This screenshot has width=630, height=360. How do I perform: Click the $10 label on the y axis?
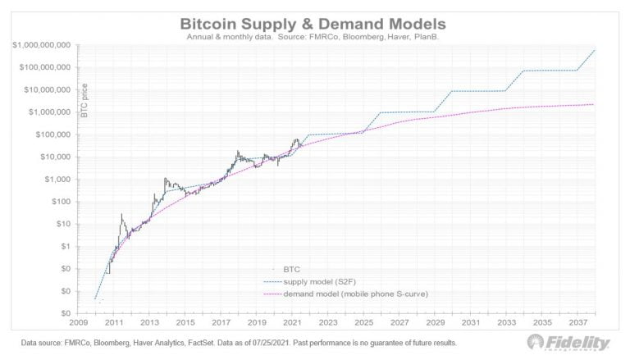(x=65, y=224)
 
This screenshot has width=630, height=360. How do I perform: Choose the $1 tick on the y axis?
(x=67, y=246)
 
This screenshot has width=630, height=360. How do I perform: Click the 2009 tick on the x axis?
(x=79, y=323)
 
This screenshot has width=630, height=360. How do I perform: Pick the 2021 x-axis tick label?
(x=293, y=323)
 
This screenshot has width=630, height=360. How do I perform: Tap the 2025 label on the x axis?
(x=364, y=323)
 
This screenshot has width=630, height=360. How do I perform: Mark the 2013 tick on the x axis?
(x=150, y=323)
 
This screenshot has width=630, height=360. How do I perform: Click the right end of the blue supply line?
(x=595, y=51)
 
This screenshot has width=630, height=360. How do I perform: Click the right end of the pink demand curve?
(x=594, y=104)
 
